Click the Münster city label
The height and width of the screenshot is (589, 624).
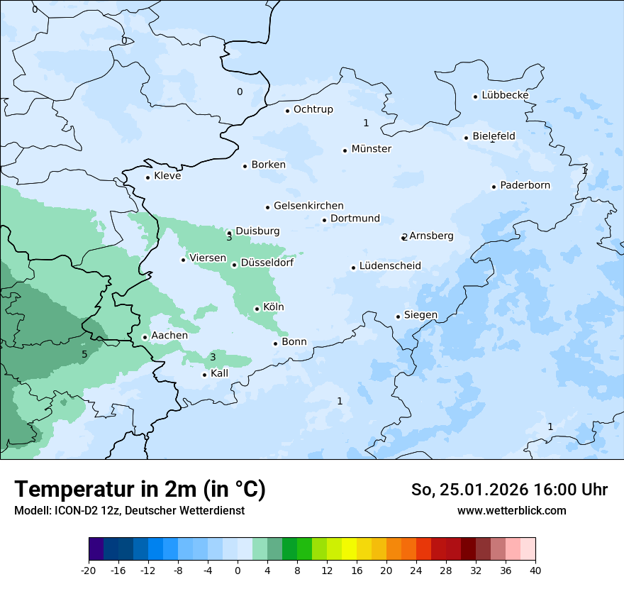[x=372, y=149]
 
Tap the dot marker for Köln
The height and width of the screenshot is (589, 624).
[x=257, y=309]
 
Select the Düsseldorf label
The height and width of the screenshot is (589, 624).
[x=267, y=263]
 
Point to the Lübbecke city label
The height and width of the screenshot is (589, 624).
[x=505, y=95]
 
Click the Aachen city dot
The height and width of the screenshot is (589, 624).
[x=145, y=337]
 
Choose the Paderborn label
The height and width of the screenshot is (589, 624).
[x=525, y=185]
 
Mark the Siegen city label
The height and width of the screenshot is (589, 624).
[x=420, y=315]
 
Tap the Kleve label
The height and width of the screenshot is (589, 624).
[x=167, y=176]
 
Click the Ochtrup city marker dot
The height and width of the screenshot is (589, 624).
[x=287, y=110]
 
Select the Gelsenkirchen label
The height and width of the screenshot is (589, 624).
[x=308, y=206]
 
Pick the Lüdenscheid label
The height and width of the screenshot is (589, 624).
[x=390, y=266]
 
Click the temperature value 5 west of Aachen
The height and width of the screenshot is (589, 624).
[x=84, y=354]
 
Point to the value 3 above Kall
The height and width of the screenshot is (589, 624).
[x=212, y=357]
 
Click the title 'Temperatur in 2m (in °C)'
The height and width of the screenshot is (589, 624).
[x=140, y=489]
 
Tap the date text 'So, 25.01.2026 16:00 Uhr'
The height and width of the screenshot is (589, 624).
[x=509, y=490]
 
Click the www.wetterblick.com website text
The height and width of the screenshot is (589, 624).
[x=511, y=510]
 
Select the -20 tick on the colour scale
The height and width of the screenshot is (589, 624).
[x=89, y=570]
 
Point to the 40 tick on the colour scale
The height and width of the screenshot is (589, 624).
[x=535, y=570]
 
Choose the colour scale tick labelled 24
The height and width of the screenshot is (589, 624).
[x=416, y=570]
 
